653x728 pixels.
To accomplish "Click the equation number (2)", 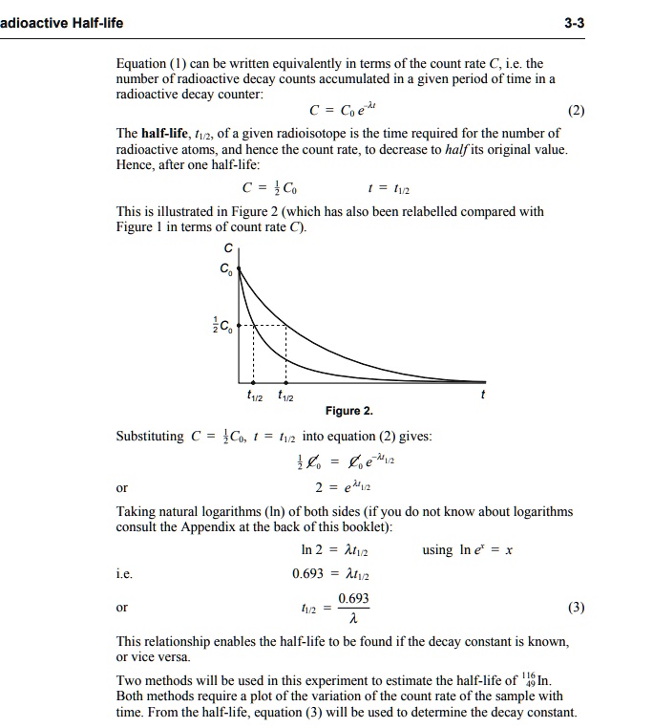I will [x=576, y=110].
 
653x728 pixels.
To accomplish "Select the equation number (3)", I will [x=576, y=608].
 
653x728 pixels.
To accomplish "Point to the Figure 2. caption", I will [x=348, y=411].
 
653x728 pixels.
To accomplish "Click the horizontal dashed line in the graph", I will [x=263, y=326].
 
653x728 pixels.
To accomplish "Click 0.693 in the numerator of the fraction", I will [x=353, y=599].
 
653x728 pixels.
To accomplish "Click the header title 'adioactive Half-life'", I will [x=61, y=22].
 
